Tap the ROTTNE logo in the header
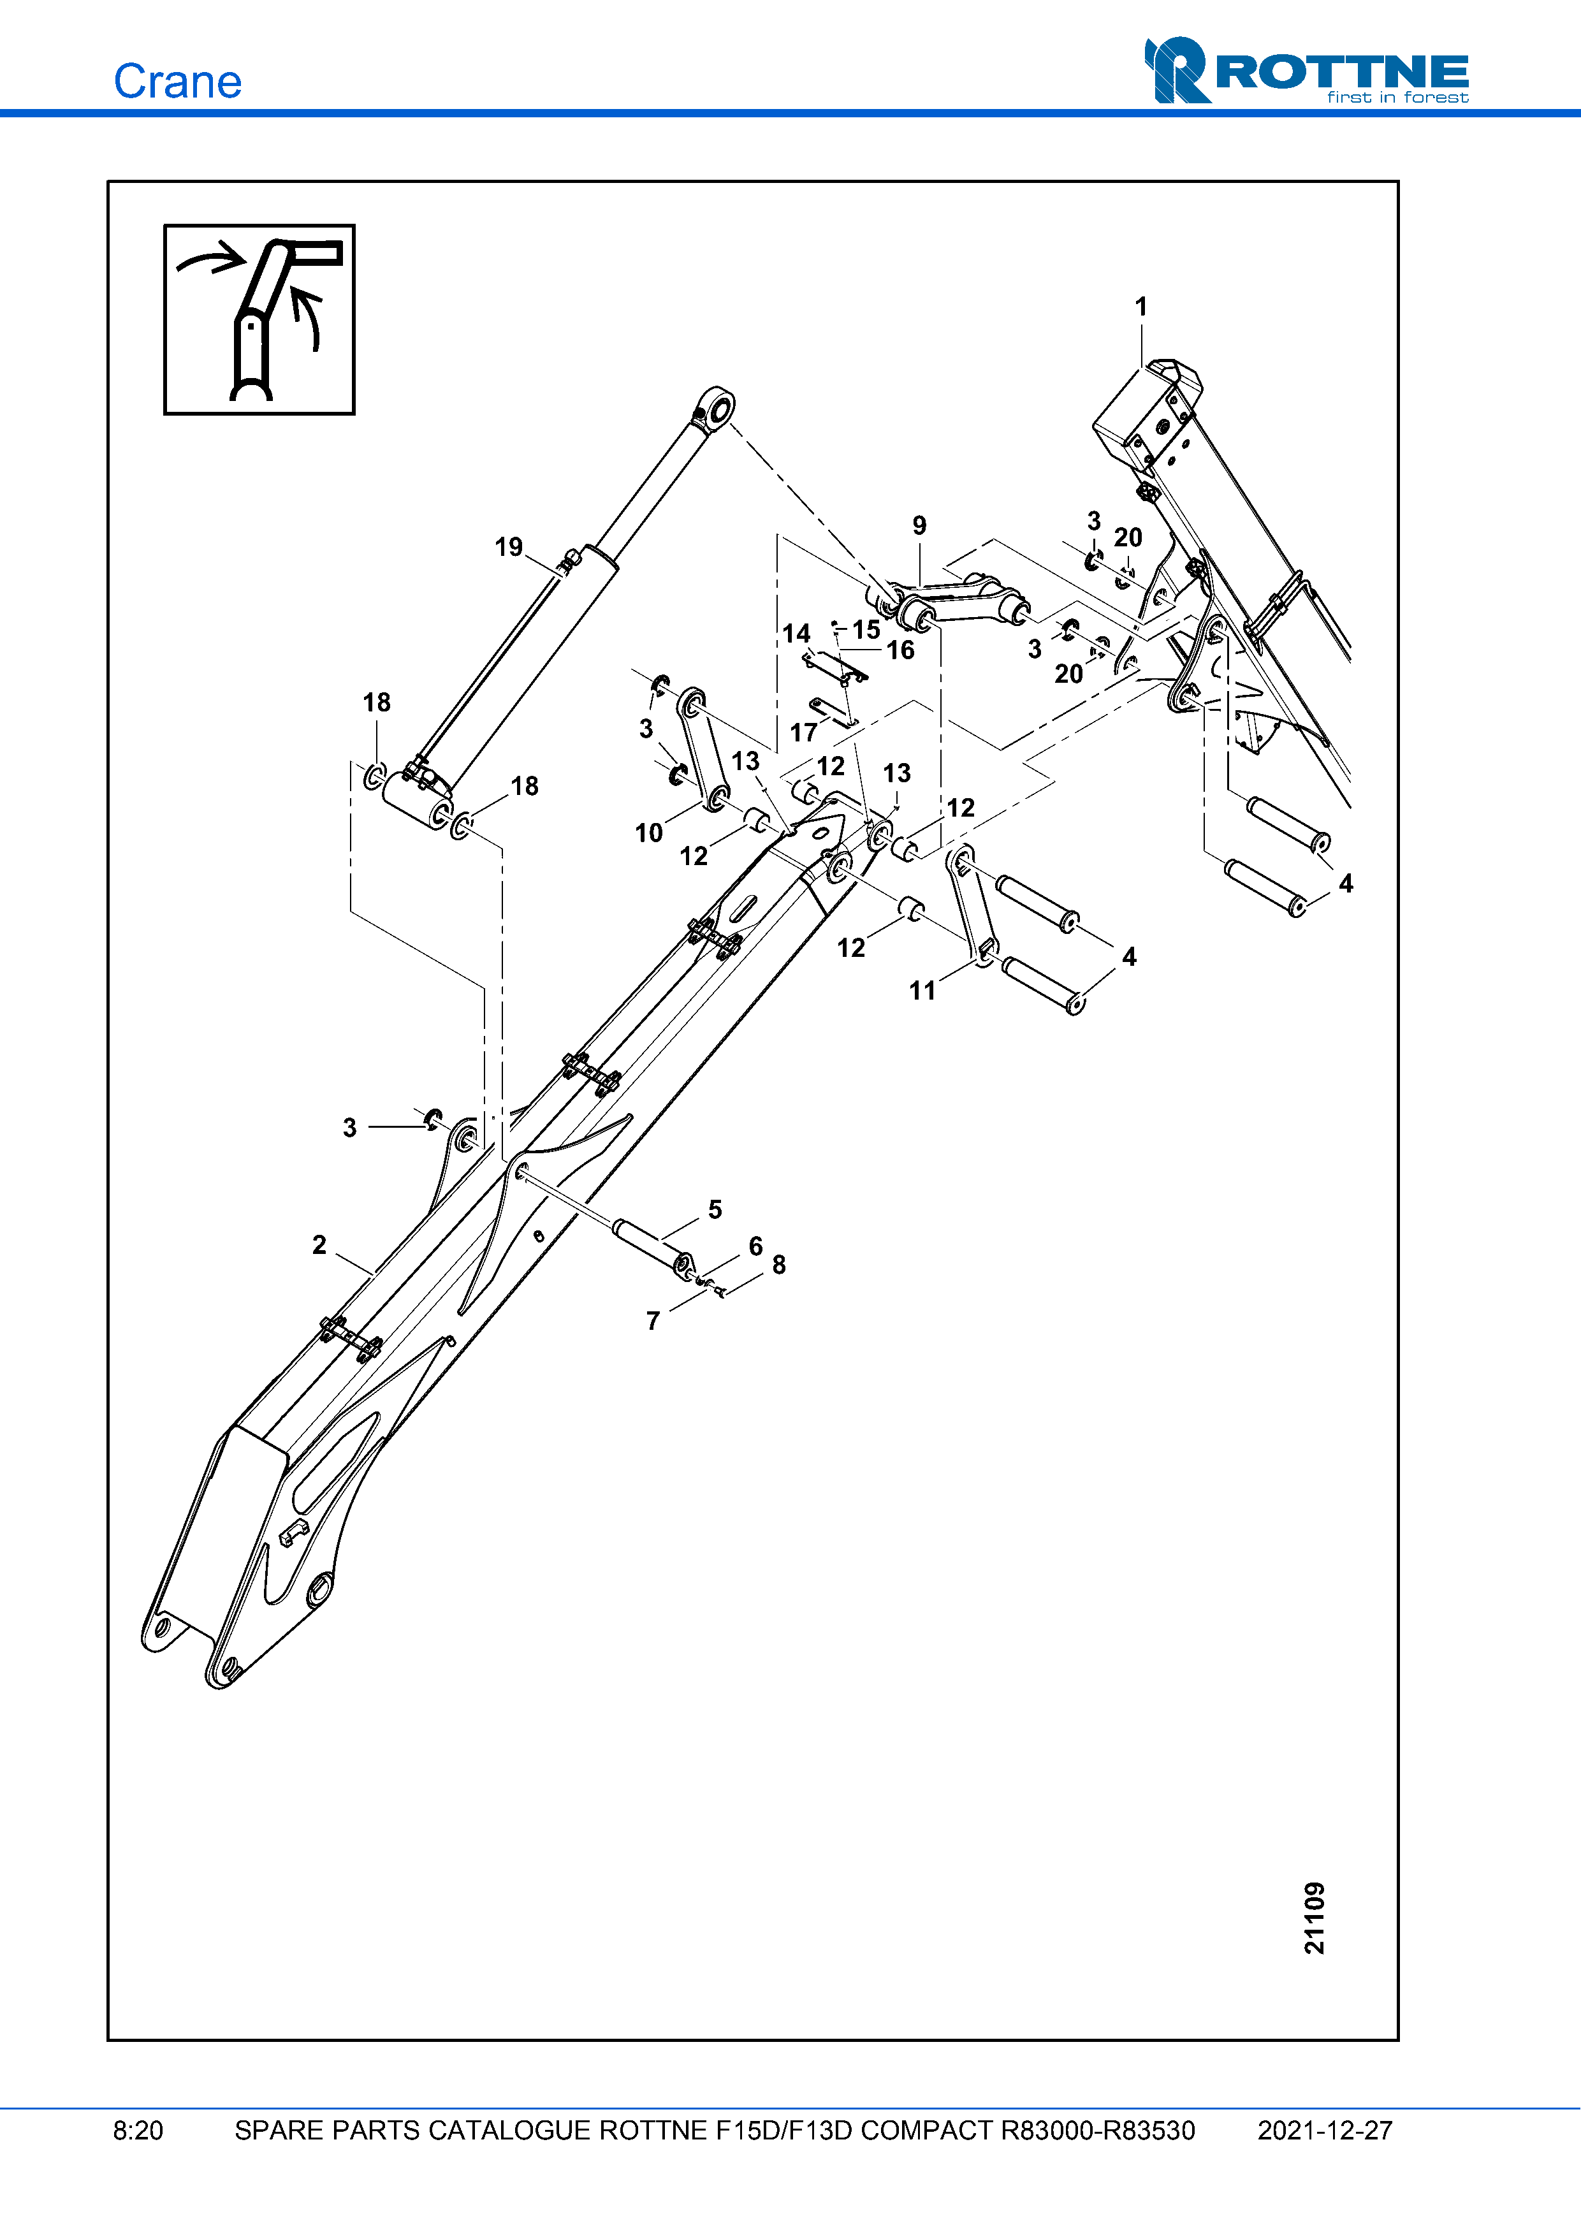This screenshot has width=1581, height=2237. (x=1306, y=71)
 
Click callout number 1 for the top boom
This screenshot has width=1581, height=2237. (x=1140, y=307)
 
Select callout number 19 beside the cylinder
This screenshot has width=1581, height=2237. (x=509, y=546)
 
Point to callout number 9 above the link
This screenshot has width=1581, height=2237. (x=919, y=526)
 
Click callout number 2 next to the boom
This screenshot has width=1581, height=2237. (x=319, y=1245)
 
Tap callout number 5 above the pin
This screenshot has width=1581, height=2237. (x=715, y=1209)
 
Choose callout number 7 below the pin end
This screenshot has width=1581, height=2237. (x=653, y=1321)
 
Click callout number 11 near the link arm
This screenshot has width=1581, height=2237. (x=922, y=991)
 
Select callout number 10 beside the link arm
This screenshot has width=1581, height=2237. (x=649, y=833)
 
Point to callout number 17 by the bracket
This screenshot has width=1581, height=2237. (x=804, y=732)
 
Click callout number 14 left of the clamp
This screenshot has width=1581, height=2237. (x=796, y=634)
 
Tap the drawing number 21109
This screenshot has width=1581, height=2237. (x=1315, y=1918)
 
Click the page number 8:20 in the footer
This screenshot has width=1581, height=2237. (x=138, y=2131)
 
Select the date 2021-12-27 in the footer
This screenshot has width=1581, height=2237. (x=1324, y=2131)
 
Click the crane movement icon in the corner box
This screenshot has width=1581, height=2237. (x=259, y=319)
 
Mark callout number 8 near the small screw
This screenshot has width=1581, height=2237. (x=778, y=1265)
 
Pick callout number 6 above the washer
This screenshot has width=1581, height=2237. (x=755, y=1246)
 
